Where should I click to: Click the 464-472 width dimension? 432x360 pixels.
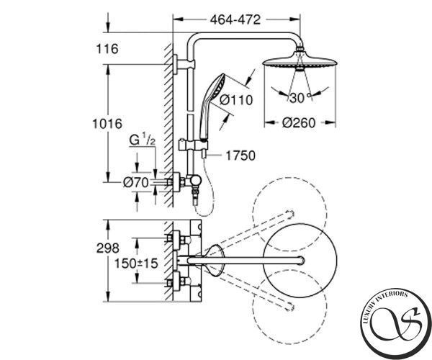pos(235,19)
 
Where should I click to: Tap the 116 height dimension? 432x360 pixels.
pos(107,49)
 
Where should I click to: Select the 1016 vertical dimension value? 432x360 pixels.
pos(107,124)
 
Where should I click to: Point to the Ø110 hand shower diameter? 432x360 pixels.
pos(236,99)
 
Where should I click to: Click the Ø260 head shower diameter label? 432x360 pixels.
pos(299,123)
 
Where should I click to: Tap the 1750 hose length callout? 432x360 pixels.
pos(240,156)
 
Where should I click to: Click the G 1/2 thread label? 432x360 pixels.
pos(142,140)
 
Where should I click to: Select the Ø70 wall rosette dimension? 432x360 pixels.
pos(136,182)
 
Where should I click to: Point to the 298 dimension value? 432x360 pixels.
pos(108,248)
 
